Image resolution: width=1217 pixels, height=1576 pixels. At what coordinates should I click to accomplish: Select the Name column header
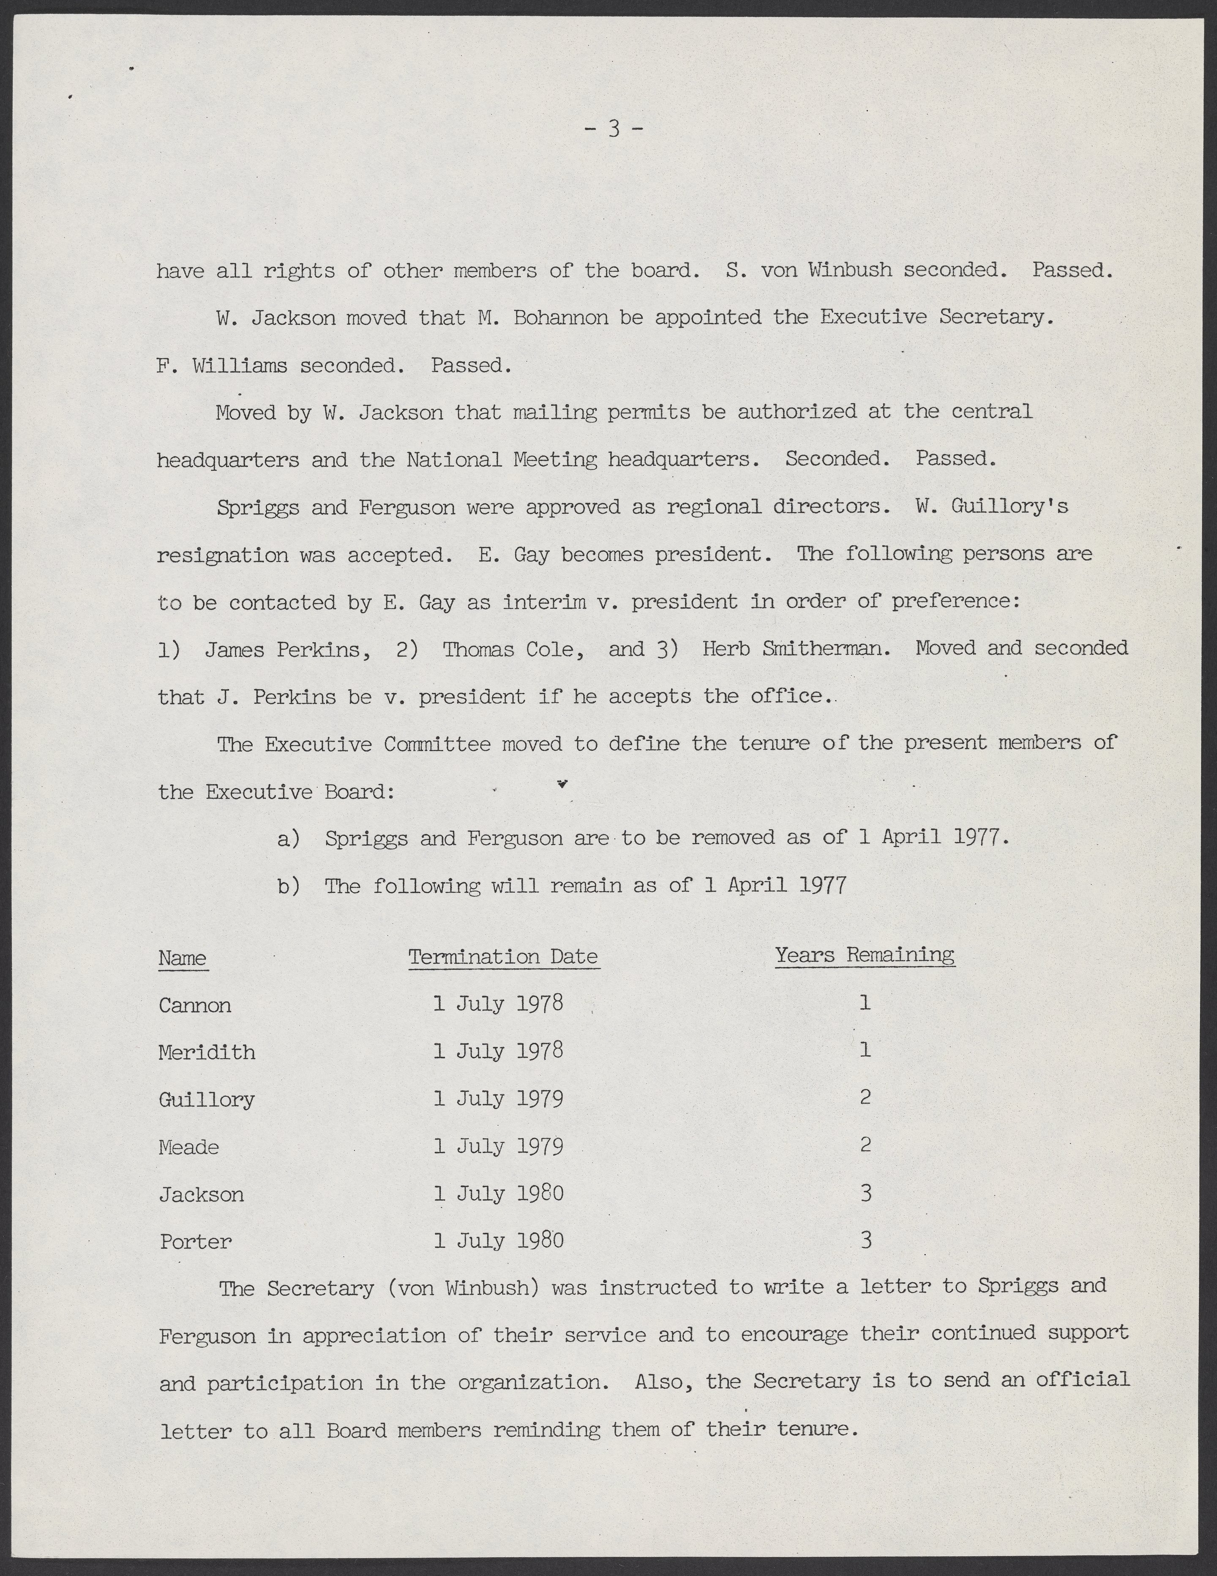click(x=183, y=958)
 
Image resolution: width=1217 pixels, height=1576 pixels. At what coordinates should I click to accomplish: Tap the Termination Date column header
click(x=504, y=957)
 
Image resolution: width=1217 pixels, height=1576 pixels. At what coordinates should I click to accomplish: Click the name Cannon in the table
click(x=195, y=1005)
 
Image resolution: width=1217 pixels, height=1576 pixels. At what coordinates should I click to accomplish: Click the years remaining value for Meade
click(x=866, y=1144)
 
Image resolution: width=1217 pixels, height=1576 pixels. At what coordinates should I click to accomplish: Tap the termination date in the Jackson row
click(x=498, y=1193)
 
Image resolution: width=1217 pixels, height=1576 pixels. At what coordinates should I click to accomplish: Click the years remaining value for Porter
click(x=866, y=1240)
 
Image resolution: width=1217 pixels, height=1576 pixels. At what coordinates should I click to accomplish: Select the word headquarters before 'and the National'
click(x=228, y=460)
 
